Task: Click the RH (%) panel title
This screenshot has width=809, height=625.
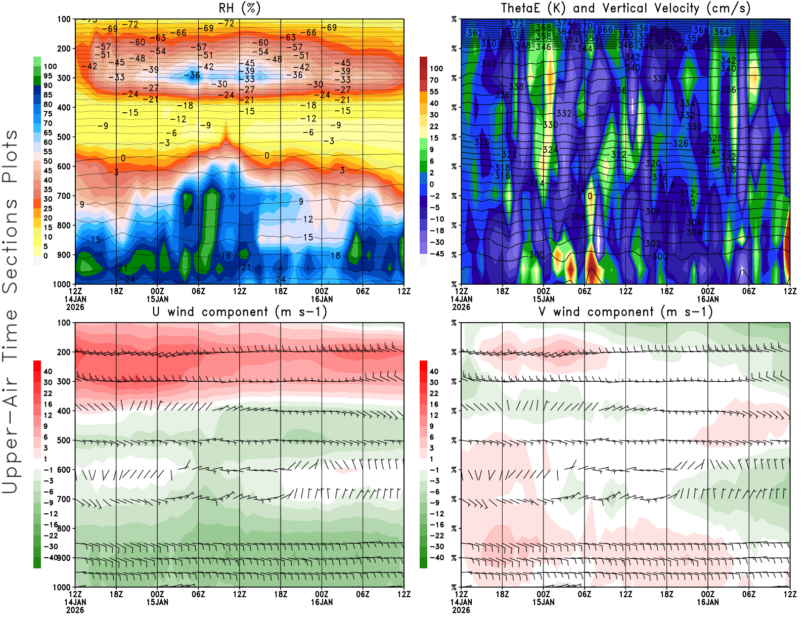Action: coord(240,8)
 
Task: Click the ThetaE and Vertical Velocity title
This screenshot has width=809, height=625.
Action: coord(625,8)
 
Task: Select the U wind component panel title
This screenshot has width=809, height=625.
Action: coord(240,312)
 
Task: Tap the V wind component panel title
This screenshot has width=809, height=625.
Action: coord(625,312)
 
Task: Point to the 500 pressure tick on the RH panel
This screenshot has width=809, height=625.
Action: coord(64,137)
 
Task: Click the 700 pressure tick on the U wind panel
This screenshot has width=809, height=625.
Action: coord(64,500)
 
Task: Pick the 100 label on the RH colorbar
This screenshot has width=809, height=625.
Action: coord(50,66)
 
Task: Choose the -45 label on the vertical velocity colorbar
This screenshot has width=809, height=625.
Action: coord(437,254)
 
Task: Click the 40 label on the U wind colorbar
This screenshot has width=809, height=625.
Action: coord(48,372)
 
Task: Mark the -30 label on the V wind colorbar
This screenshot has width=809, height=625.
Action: coord(437,547)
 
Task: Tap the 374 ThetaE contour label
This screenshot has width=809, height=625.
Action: coord(564,23)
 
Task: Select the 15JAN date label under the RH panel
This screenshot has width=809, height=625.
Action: coord(157,299)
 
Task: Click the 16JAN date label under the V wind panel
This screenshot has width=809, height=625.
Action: coord(708,602)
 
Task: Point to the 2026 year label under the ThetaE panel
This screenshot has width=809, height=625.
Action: coord(461,307)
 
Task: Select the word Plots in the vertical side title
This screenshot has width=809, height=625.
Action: coord(10,157)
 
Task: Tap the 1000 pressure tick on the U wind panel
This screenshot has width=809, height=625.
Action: coord(62,588)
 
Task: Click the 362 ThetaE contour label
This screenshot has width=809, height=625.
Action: coord(475,33)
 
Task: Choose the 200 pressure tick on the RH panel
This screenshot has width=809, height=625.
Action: coord(64,49)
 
